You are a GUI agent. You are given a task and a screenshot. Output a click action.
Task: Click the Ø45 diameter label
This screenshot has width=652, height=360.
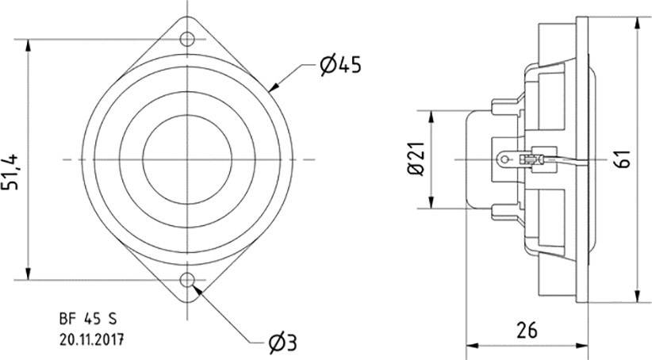pyautogui.click(x=341, y=66)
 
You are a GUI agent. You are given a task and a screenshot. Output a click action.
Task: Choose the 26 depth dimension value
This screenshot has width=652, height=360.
pyautogui.click(x=527, y=327)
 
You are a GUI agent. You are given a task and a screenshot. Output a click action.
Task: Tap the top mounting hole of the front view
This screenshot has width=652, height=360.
pyautogui.click(x=188, y=38)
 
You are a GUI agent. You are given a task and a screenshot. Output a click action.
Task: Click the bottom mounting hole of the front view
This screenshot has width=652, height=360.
pyautogui.click(x=188, y=280)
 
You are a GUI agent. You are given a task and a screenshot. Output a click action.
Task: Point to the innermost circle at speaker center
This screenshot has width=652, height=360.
pyautogui.click(x=188, y=159)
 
